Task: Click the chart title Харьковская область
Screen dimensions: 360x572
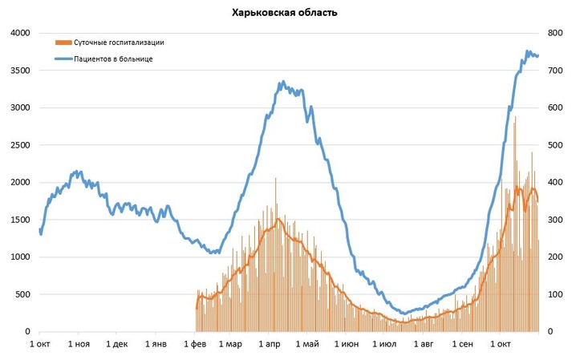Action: click(x=285, y=13)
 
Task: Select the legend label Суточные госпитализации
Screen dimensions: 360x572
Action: click(x=120, y=42)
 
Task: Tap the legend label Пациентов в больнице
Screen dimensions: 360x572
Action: click(x=114, y=59)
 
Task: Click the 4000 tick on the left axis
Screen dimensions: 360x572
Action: click(x=19, y=33)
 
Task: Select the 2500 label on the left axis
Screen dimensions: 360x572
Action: click(x=19, y=145)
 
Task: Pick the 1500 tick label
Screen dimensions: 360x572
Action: click(x=19, y=220)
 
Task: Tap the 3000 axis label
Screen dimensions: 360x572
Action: click(x=19, y=107)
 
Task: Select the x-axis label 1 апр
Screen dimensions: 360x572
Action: click(x=270, y=344)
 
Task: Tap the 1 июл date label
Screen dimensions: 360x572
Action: click(x=385, y=344)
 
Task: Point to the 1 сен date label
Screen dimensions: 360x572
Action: click(x=463, y=344)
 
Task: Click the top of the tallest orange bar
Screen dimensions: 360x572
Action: click(x=515, y=118)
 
